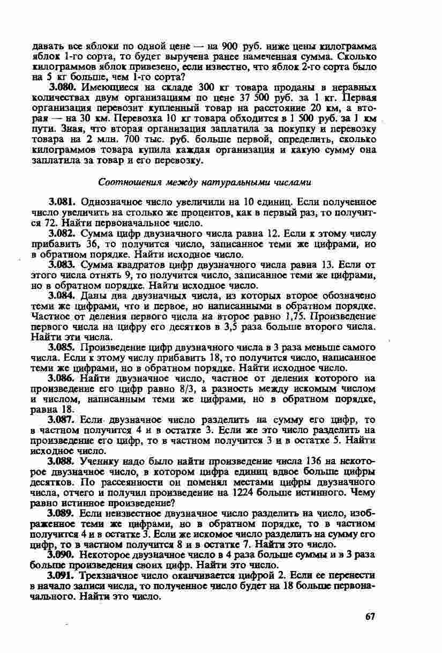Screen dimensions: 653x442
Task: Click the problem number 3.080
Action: click(x=60, y=86)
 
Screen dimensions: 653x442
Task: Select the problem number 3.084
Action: click(x=60, y=295)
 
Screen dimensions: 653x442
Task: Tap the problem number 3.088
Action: click(x=60, y=461)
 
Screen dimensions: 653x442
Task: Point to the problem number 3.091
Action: click(x=60, y=575)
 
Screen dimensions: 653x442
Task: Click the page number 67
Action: click(x=370, y=616)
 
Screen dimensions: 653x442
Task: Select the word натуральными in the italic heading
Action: click(x=246, y=182)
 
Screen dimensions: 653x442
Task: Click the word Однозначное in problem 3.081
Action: click(x=110, y=202)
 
